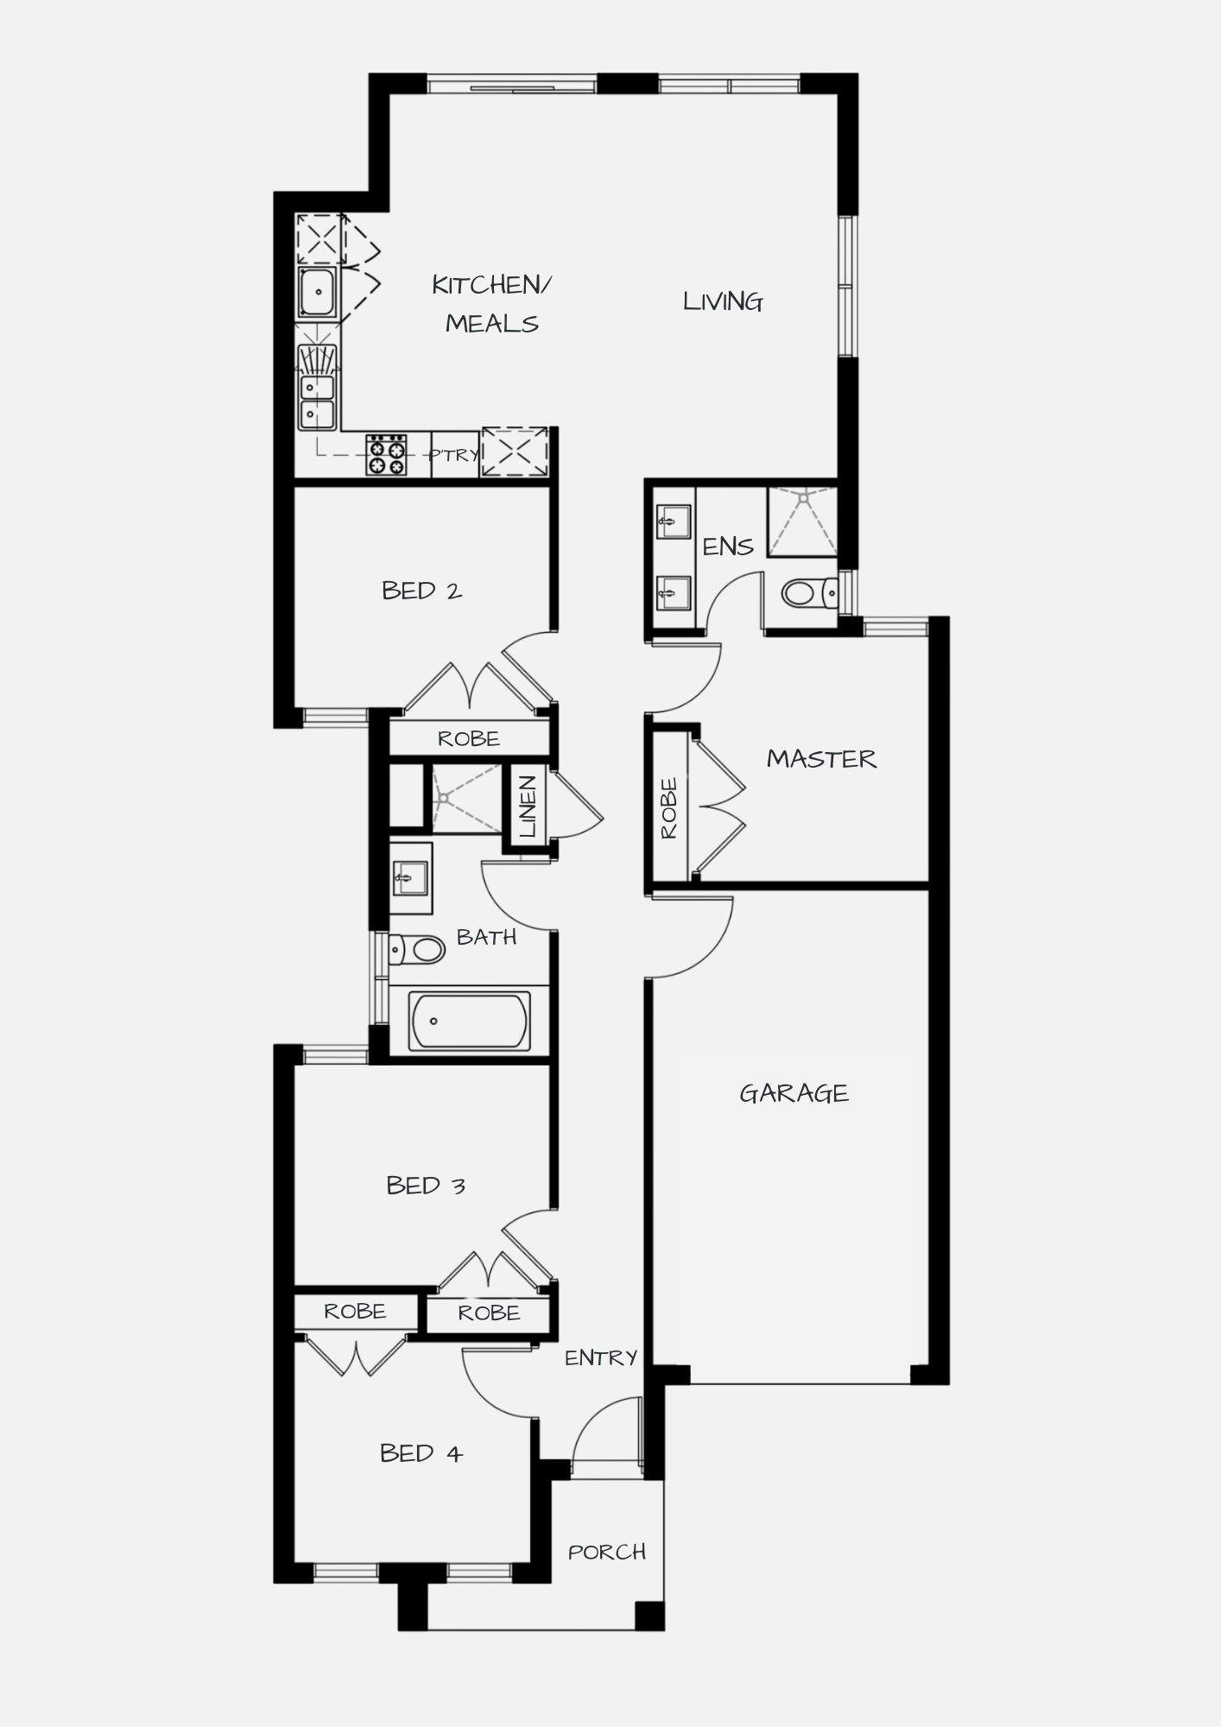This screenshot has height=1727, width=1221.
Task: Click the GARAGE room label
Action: [794, 1094]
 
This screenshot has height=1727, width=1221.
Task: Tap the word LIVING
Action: [723, 301]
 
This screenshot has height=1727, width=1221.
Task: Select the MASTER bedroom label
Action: [821, 759]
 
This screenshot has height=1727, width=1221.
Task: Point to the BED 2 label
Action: [421, 591]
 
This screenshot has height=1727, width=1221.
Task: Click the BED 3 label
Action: [426, 1186]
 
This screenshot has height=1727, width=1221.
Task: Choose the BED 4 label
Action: [421, 1453]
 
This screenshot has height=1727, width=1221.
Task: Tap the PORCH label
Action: [607, 1553]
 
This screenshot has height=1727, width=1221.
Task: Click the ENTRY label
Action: [601, 1358]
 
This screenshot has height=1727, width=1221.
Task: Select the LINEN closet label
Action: [528, 806]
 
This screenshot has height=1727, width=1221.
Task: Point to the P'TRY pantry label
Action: [454, 454]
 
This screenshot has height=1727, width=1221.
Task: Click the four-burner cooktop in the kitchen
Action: [386, 455]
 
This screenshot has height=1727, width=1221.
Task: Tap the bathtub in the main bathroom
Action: [469, 1022]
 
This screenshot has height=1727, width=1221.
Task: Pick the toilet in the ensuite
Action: [810, 593]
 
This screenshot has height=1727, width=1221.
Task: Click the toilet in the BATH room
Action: [416, 950]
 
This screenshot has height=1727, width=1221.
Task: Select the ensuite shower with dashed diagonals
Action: [802, 522]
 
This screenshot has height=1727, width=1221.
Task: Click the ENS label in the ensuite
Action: [728, 547]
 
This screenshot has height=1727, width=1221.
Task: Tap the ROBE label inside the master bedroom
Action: [669, 808]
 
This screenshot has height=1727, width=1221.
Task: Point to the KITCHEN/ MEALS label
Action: [491, 304]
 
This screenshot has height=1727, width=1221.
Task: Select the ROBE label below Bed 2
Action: [468, 739]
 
